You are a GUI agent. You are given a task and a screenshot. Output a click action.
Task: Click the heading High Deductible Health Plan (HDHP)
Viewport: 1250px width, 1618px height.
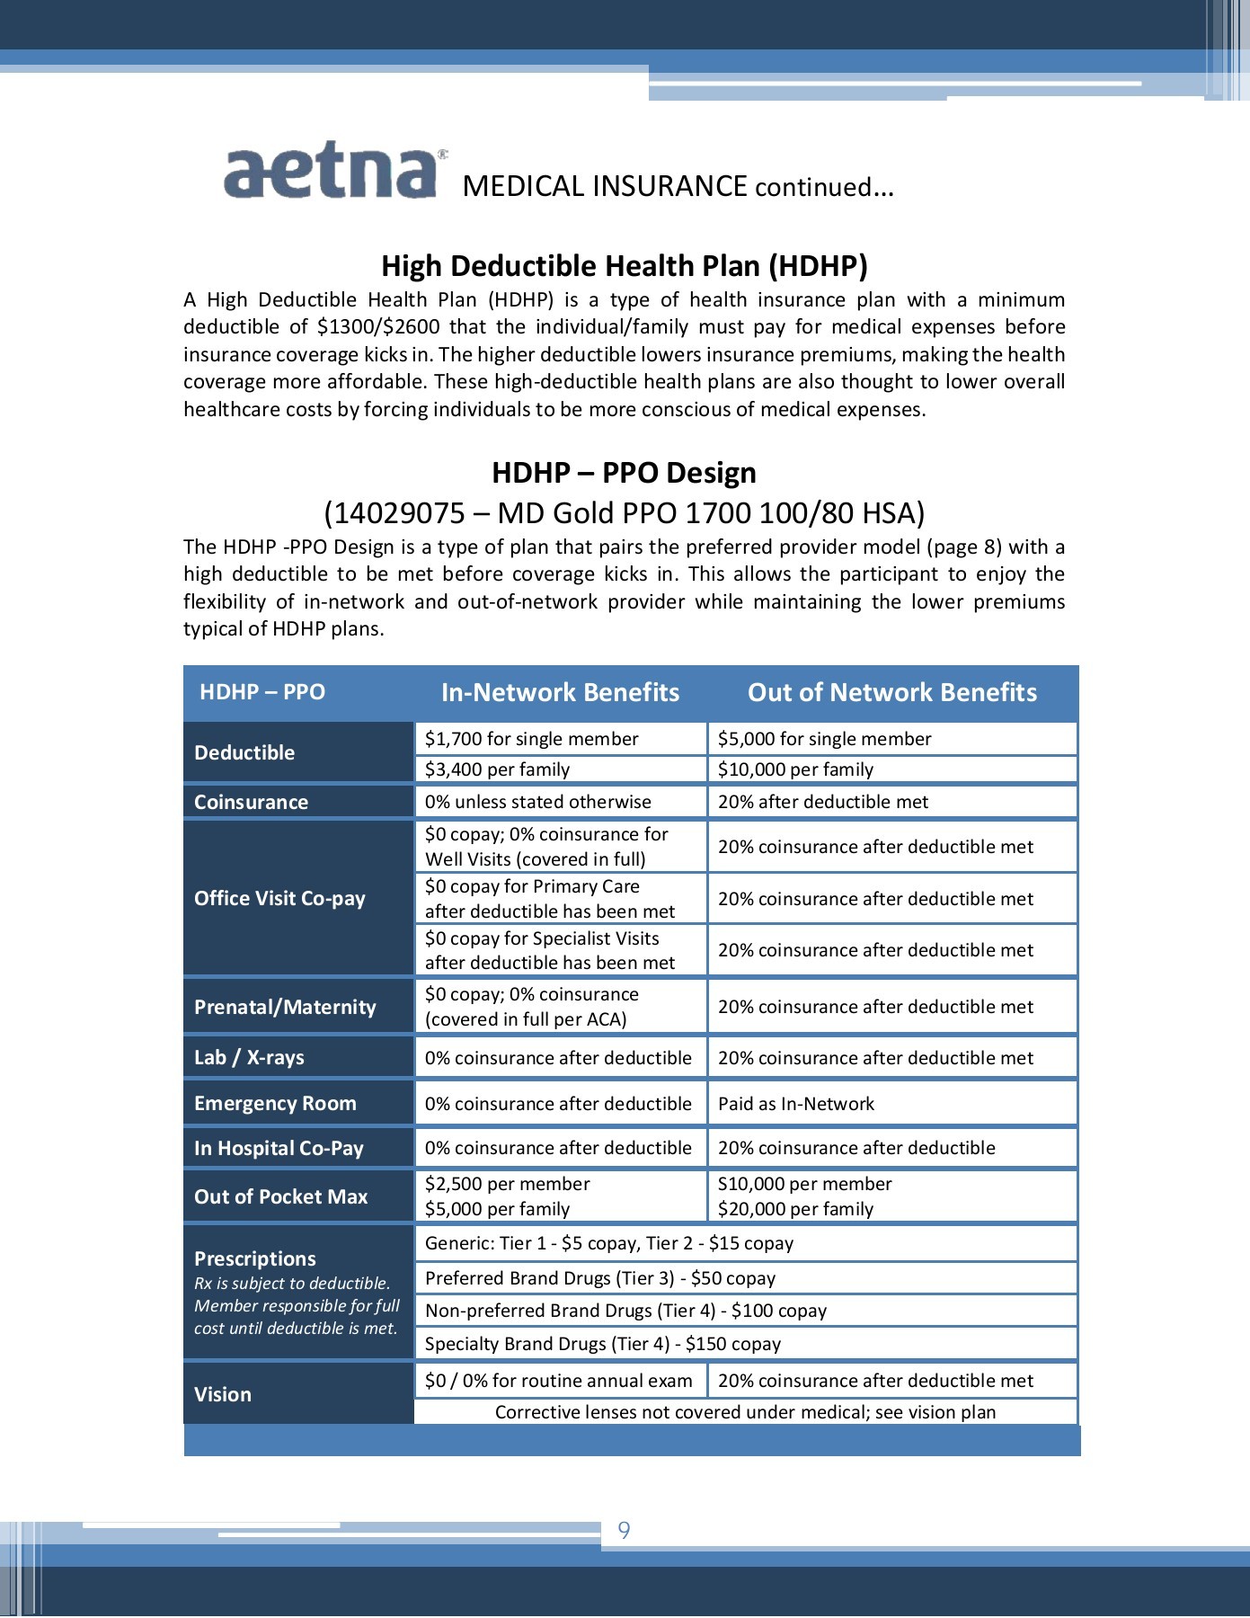pos(625,266)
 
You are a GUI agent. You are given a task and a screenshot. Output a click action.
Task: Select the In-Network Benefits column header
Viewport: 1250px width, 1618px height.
pos(560,692)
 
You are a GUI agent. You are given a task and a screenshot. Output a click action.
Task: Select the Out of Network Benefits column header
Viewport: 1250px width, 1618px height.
pos(891,692)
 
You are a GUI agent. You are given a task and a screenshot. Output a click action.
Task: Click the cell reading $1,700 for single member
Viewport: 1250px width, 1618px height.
pos(531,739)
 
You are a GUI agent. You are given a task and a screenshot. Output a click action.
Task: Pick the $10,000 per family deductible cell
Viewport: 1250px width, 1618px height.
pos(795,769)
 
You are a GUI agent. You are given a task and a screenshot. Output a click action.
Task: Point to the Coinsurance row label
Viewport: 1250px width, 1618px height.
pos(252,802)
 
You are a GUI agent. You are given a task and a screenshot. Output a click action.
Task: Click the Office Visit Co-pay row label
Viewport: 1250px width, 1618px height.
pos(279,898)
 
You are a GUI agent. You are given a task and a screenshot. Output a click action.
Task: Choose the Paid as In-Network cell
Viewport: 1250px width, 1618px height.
pos(795,1104)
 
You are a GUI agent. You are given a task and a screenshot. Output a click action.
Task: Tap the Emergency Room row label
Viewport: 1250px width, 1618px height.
pos(275,1103)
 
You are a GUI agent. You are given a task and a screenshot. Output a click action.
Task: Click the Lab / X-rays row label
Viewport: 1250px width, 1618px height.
pos(249,1057)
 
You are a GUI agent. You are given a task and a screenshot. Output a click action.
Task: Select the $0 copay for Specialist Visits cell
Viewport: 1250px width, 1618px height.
pos(549,950)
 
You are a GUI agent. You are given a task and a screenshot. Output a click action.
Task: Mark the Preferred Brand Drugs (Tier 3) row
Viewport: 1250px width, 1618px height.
pos(599,1278)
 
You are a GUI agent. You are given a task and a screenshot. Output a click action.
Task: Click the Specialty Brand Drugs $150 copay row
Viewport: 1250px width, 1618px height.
pos(602,1344)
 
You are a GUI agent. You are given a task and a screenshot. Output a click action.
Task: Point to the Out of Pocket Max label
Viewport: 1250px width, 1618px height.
pos(280,1196)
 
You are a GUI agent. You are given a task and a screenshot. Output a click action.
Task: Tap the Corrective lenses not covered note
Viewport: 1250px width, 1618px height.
pos(745,1412)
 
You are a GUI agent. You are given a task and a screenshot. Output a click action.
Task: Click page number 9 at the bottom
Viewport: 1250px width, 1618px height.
pos(625,1530)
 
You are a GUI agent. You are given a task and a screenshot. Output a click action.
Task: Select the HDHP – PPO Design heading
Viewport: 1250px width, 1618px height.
pos(624,473)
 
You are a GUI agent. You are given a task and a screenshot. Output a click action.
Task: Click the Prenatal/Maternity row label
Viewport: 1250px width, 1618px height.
pos(285,1007)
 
